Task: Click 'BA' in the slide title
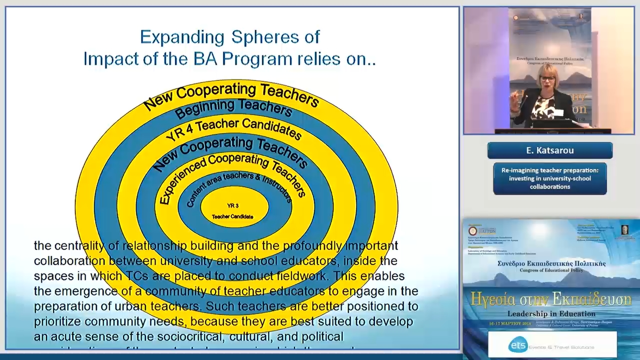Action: tap(205, 59)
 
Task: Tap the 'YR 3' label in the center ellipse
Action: tap(233, 206)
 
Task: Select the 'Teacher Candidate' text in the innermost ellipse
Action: tap(233, 217)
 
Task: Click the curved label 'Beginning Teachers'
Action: tap(233, 107)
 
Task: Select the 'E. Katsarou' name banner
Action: tap(550, 151)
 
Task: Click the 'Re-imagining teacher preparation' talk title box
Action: tap(550, 178)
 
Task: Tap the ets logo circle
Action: tap(518, 345)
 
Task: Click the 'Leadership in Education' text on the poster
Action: tap(551, 314)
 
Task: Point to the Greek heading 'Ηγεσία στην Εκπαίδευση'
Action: tap(551, 299)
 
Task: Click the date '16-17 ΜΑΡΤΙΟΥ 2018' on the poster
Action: tap(510, 324)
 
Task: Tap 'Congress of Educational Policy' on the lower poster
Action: tap(551, 270)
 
